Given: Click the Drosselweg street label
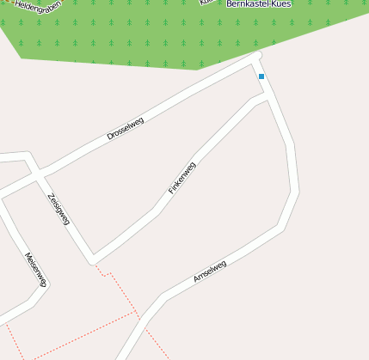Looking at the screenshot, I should pyautogui.click(x=126, y=129).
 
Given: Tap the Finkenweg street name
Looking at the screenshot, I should pyautogui.click(x=181, y=177).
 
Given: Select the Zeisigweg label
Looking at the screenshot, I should pyautogui.click(x=58, y=209).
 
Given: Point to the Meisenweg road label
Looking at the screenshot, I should pyautogui.click(x=35, y=269).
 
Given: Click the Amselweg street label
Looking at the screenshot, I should pyautogui.click(x=210, y=272).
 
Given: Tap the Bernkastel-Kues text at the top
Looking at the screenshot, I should pyautogui.click(x=261, y=4).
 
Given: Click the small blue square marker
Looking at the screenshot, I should pyautogui.click(x=261, y=76).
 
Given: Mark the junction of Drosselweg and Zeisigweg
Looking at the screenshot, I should pyautogui.click(x=38, y=172).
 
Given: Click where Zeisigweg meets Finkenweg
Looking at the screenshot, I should pyautogui.click(x=93, y=259).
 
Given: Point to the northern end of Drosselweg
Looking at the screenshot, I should pyautogui.click(x=257, y=57).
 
